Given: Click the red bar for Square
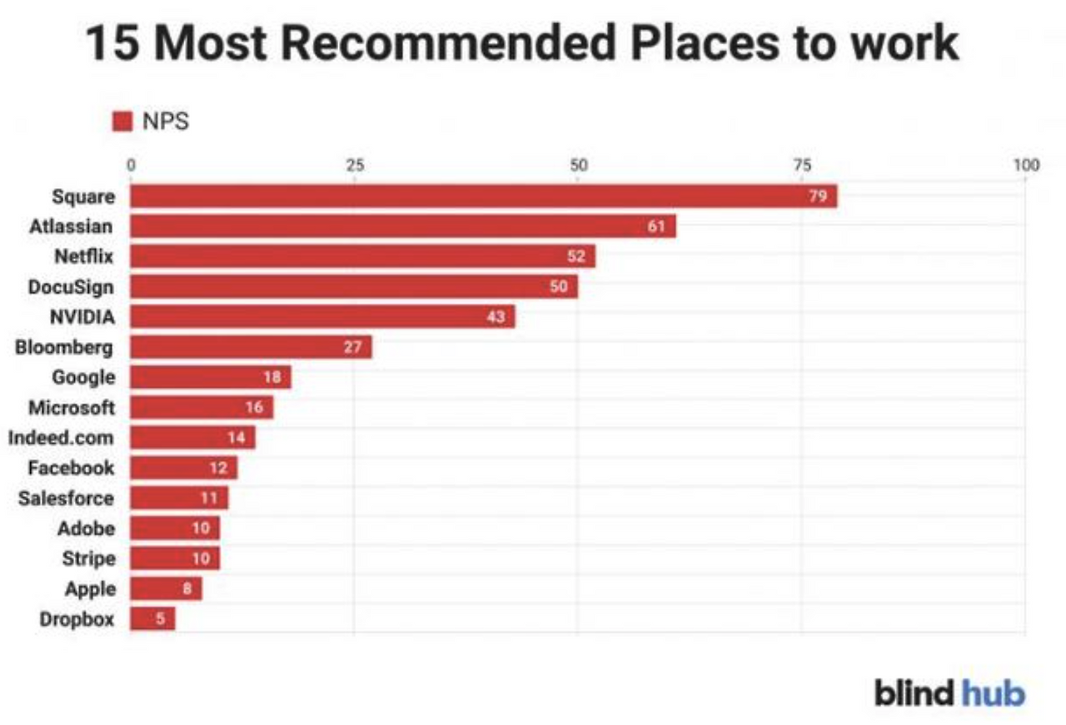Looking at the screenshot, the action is tap(484, 196).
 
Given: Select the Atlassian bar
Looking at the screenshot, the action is tap(403, 226).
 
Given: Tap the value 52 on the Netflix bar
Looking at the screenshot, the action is tap(575, 256).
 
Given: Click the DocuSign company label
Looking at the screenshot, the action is tap(71, 287).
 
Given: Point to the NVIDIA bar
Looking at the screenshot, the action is tap(322, 317).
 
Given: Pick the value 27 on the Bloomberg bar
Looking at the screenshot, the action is tap(352, 347).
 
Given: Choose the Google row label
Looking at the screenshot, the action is tap(84, 378).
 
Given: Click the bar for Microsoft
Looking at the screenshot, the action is tap(202, 407).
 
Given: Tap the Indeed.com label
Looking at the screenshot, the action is tap(61, 438).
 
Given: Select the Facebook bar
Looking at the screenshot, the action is tap(184, 468).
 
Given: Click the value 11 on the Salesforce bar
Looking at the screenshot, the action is tap(209, 498).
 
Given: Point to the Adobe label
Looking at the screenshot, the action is tap(86, 529).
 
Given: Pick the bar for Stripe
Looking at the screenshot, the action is tap(175, 558).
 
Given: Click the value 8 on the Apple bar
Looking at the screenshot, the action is tap(187, 589).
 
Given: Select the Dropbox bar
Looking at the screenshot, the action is tap(152, 618).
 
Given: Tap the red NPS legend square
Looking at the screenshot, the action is tap(122, 122).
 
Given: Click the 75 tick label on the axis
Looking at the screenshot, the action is tap(802, 165).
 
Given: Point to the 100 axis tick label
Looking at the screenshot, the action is tap(1026, 165).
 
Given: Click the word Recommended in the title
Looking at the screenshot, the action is tap(448, 43).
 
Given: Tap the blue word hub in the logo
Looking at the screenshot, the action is tap(994, 693).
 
